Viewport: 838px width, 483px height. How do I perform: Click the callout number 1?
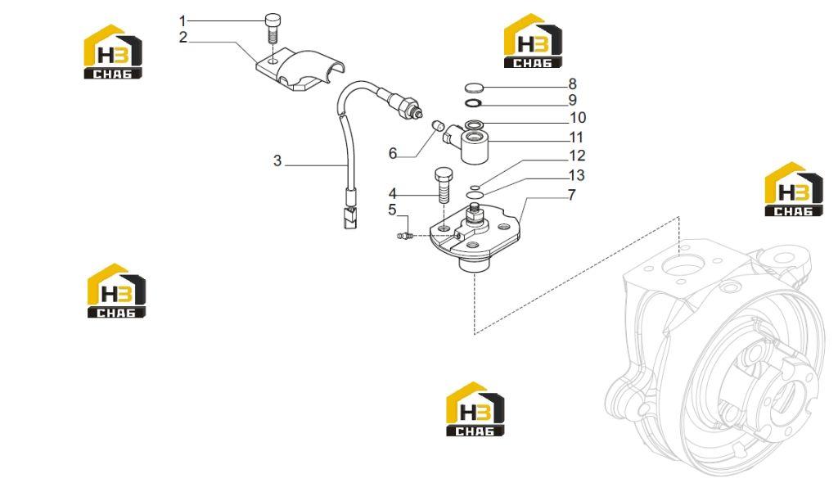182,21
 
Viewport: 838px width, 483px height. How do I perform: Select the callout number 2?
183,38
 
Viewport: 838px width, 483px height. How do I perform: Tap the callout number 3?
277,160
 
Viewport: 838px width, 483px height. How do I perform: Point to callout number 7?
572,195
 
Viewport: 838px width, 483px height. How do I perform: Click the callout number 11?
576,138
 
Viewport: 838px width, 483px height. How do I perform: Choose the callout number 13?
577,175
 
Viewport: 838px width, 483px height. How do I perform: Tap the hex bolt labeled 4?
444,185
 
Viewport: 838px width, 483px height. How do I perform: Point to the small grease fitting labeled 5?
404,235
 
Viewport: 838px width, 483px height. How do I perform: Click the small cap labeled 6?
438,126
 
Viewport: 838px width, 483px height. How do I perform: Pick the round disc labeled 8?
474,88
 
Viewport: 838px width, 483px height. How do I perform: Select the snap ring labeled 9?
474,103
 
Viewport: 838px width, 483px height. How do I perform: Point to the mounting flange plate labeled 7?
474,235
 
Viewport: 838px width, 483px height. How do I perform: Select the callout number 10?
578,118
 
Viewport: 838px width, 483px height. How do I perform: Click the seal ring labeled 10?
474,124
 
